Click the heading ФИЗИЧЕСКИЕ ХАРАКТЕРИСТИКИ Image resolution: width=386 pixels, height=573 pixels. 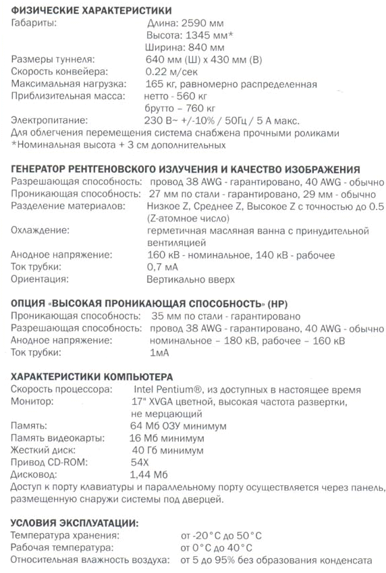(x=91, y=11)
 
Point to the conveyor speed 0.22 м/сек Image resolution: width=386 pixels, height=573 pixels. (x=171, y=72)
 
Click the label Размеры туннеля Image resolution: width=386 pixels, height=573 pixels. (x=53, y=59)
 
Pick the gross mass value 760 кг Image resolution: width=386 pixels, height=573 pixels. (x=196, y=109)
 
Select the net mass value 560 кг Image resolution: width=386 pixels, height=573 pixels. (x=192, y=96)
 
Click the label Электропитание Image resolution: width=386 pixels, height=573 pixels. (x=49, y=120)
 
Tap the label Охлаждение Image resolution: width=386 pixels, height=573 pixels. (x=40, y=231)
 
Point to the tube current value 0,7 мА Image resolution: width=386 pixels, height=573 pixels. (x=162, y=267)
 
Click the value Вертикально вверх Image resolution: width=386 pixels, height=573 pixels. (x=190, y=279)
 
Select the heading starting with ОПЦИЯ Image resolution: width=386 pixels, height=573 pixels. (x=149, y=304)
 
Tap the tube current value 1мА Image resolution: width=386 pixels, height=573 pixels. (x=159, y=353)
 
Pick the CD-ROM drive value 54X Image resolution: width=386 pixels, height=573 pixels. (x=140, y=462)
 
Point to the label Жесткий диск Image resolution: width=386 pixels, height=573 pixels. (x=43, y=450)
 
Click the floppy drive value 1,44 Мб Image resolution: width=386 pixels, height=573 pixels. (x=148, y=474)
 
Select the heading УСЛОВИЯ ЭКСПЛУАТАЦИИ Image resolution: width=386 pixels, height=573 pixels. (x=74, y=523)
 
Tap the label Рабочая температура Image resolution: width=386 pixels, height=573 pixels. (x=62, y=548)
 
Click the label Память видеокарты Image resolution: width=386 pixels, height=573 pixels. (x=58, y=438)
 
